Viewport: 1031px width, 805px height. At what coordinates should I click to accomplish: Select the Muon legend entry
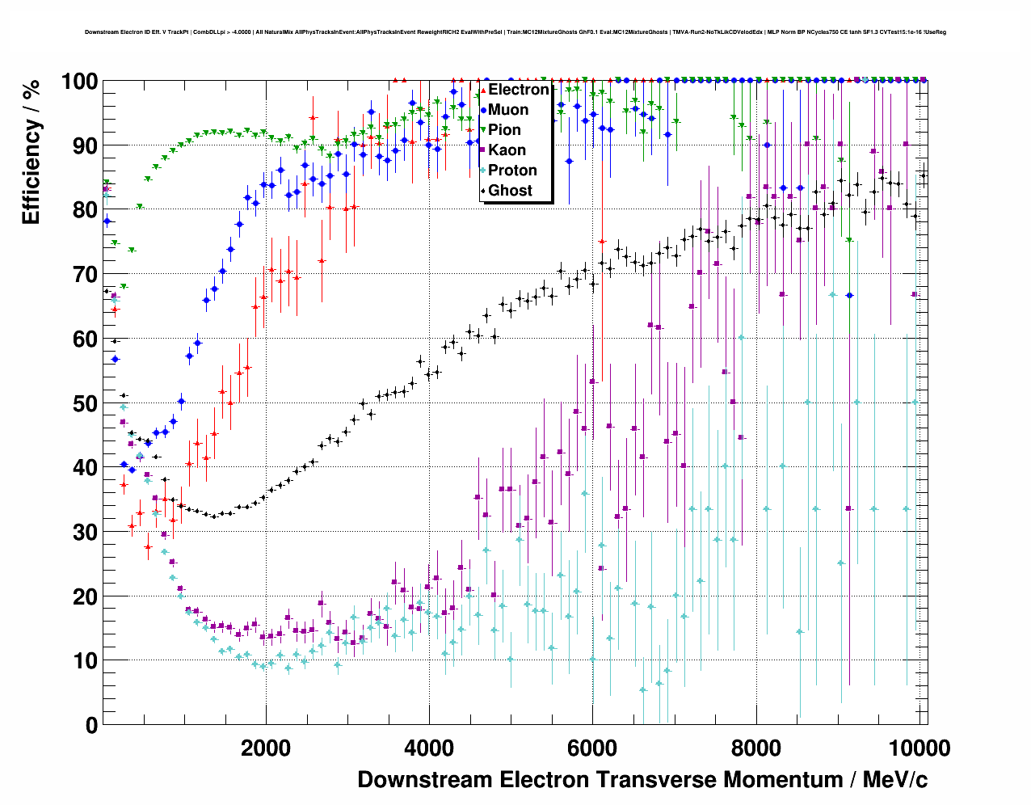pyautogui.click(x=508, y=110)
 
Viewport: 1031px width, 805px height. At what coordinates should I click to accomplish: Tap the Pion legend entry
pyautogui.click(x=504, y=130)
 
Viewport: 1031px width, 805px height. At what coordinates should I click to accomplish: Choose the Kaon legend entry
pyautogui.click(x=507, y=150)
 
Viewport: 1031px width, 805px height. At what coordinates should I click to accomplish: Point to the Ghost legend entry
pyautogui.click(x=510, y=191)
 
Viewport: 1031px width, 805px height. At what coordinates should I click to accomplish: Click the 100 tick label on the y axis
pyautogui.click(x=79, y=82)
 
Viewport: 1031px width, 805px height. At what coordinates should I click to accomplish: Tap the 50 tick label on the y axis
pyautogui.click(x=85, y=403)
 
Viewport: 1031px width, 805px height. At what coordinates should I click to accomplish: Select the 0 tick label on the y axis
pyautogui.click(x=91, y=725)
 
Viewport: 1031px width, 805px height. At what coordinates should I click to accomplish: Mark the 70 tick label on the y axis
pyautogui.click(x=85, y=275)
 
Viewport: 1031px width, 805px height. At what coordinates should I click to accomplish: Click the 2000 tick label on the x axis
pyautogui.click(x=266, y=748)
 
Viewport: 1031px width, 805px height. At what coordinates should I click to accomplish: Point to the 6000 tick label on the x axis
pyautogui.click(x=592, y=748)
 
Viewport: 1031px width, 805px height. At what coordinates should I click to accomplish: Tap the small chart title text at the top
pyautogui.click(x=515, y=32)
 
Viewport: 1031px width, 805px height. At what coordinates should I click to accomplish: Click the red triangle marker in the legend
pyautogui.click(x=483, y=90)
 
